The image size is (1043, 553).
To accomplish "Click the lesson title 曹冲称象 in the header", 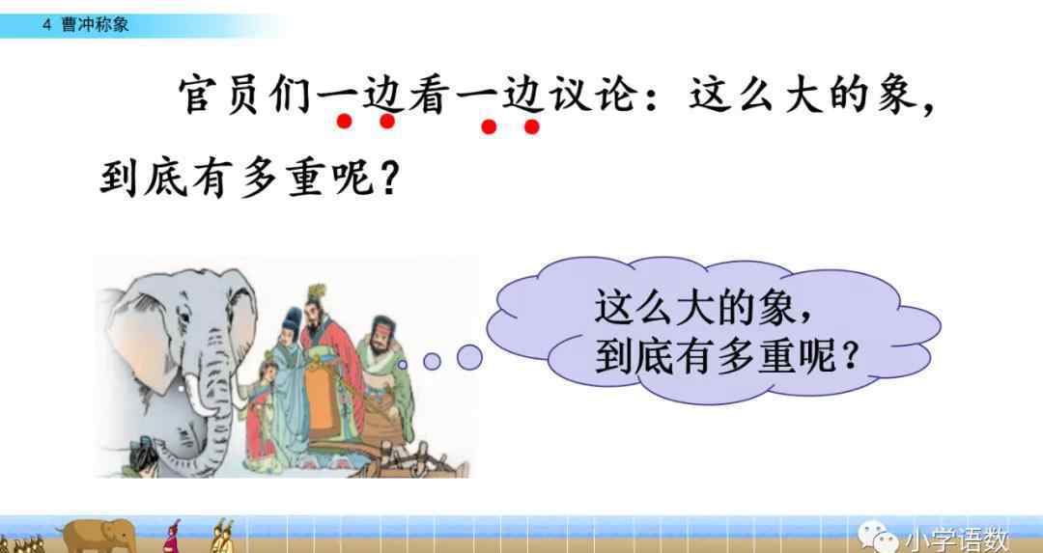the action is (x=95, y=25).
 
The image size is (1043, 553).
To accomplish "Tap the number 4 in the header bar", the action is (x=46, y=25).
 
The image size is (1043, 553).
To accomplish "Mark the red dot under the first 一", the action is (x=344, y=122).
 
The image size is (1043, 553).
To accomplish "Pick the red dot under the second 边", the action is (x=531, y=126).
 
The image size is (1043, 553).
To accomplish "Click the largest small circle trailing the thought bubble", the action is (x=469, y=358).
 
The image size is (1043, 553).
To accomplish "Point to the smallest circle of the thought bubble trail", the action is (x=403, y=364).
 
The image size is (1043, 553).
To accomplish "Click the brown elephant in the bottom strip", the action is (x=99, y=534).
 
